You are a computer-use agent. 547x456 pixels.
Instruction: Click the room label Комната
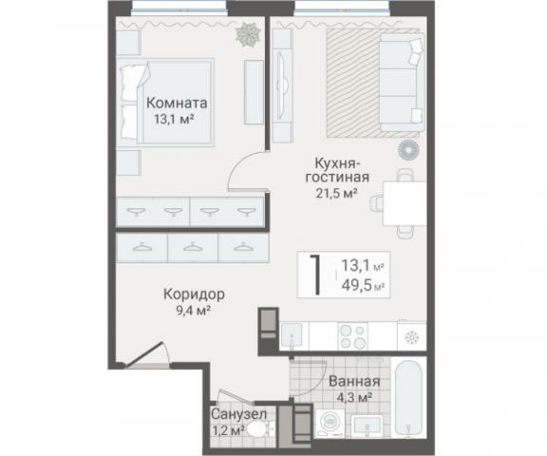(x=177, y=103)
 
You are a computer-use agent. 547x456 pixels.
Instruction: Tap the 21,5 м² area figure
(x=336, y=193)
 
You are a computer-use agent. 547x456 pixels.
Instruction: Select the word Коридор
(x=194, y=295)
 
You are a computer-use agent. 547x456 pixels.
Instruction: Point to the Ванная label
(x=354, y=382)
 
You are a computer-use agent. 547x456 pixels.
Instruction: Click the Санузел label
(x=239, y=414)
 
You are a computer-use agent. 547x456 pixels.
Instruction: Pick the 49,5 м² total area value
(x=363, y=286)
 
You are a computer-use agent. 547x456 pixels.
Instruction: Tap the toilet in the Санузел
(x=260, y=429)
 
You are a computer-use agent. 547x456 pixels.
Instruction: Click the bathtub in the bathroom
(x=408, y=398)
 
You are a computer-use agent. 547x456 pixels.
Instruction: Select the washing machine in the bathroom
(x=330, y=423)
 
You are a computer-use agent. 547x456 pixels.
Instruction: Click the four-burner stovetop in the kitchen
(x=352, y=336)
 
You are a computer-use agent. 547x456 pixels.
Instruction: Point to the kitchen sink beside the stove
(x=292, y=335)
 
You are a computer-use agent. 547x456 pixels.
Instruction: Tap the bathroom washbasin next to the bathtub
(x=367, y=426)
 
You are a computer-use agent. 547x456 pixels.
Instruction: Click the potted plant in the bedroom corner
(x=248, y=34)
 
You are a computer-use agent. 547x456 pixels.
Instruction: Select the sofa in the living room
(x=402, y=83)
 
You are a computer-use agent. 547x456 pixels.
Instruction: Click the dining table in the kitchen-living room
(x=405, y=203)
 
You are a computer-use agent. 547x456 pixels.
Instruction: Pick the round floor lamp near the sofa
(x=408, y=150)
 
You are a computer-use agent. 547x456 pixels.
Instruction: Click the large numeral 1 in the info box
(x=315, y=275)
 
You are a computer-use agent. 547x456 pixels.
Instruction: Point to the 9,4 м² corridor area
(x=194, y=310)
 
